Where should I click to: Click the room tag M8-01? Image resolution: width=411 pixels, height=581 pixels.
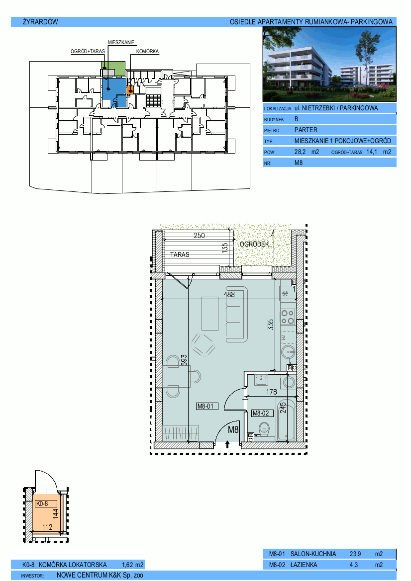[205, 406]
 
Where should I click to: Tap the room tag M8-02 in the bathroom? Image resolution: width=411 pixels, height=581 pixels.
[260, 413]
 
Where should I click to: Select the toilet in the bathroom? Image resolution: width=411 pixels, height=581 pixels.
[265, 430]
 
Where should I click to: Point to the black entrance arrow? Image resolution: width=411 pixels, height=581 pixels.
[227, 444]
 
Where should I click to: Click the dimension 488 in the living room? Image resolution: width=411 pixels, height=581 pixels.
[229, 295]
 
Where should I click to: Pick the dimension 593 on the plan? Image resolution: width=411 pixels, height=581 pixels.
[184, 360]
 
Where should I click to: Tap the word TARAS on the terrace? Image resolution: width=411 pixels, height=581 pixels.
[180, 254]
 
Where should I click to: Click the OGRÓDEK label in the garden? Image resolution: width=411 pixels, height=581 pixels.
[254, 244]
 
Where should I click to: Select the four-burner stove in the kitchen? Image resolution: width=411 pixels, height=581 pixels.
[288, 317]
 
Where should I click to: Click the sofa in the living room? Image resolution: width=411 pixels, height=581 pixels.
[236, 314]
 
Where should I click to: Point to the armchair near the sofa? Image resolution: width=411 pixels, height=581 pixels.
[203, 344]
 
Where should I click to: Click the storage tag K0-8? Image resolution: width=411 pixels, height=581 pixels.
[41, 503]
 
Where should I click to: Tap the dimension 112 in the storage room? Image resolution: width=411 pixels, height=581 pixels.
[47, 527]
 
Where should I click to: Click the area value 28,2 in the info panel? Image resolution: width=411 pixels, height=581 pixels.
[300, 152]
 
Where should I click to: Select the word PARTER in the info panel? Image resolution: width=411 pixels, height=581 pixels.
[306, 130]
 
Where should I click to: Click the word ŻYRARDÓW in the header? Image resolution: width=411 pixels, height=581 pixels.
[40, 22]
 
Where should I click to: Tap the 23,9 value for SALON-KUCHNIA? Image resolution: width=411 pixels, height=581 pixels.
[355, 554]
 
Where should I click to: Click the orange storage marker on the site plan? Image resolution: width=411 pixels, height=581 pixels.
[130, 90]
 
